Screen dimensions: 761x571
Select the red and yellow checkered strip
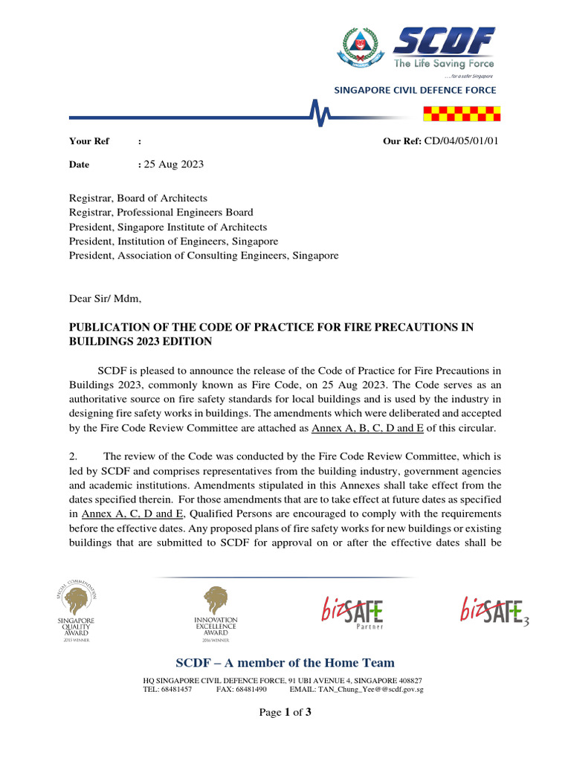coord(463,113)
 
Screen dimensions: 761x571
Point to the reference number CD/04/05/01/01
coord(461,141)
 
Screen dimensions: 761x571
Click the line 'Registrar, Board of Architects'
coord(138,198)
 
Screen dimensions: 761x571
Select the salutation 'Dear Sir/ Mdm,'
coord(105,299)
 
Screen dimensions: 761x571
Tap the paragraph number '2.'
coord(74,456)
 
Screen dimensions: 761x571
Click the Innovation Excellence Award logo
coord(216,614)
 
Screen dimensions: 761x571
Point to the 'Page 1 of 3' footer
coord(285,713)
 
